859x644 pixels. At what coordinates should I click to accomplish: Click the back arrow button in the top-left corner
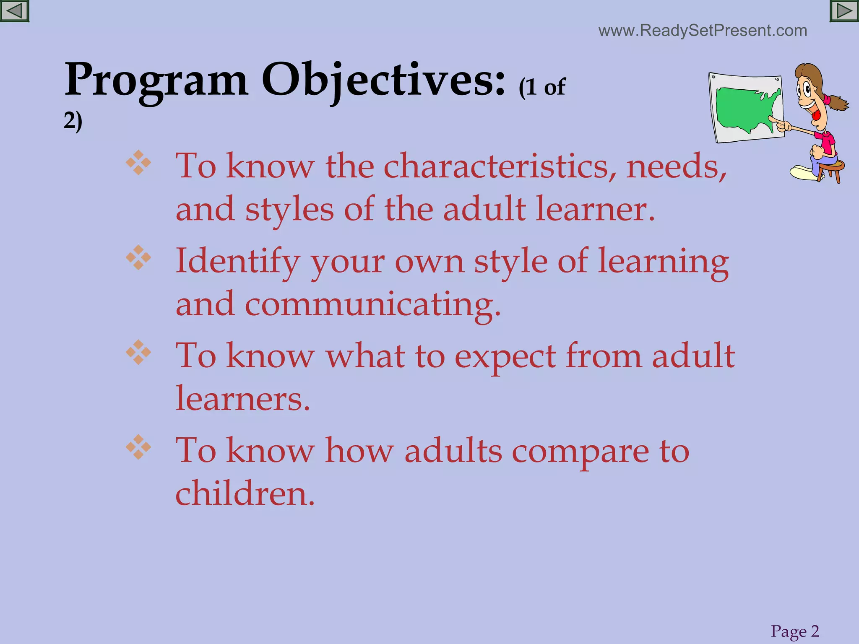pyautogui.click(x=14, y=11)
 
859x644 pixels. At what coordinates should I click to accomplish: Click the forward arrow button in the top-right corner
pyautogui.click(x=844, y=11)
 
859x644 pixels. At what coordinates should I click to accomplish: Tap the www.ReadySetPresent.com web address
pyautogui.click(x=703, y=31)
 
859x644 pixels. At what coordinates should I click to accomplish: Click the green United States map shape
pyautogui.click(x=744, y=109)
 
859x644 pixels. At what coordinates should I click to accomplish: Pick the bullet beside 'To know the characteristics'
pyautogui.click(x=138, y=163)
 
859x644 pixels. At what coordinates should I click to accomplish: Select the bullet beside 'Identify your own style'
pyautogui.click(x=138, y=257)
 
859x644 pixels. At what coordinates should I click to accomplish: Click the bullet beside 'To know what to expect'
pyautogui.click(x=138, y=352)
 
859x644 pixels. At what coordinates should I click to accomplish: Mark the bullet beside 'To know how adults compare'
pyautogui.click(x=138, y=447)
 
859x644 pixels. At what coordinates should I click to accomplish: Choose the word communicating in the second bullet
pyautogui.click(x=372, y=304)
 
